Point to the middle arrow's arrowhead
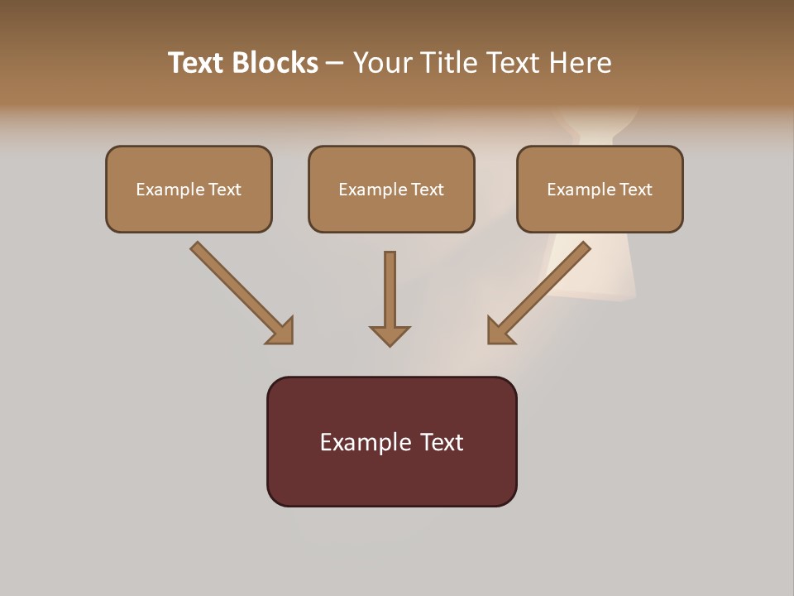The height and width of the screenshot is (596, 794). (x=390, y=335)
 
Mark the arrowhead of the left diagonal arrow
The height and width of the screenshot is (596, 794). (x=281, y=331)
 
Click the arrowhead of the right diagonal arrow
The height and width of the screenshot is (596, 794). (x=499, y=331)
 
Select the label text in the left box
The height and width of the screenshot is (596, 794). (x=189, y=190)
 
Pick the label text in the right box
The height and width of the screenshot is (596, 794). (x=600, y=190)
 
